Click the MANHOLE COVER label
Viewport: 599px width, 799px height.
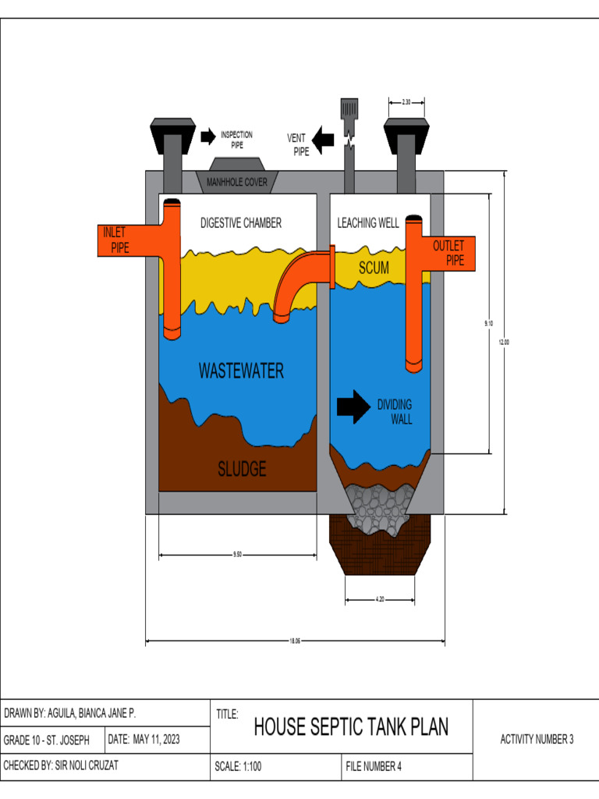pos(236,183)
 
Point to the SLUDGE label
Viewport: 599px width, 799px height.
pos(242,469)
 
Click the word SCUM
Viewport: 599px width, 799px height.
pos(374,268)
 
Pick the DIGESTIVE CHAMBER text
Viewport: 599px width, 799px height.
pos(240,223)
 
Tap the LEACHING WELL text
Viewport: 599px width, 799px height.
pos(368,223)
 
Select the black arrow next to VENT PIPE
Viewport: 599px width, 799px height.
pos(324,140)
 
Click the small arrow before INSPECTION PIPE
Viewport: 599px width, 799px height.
pos(207,137)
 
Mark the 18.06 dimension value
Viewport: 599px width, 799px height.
pos(295,642)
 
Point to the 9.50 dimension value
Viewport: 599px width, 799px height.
pos(237,556)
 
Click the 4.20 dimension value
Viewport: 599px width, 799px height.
pos(379,600)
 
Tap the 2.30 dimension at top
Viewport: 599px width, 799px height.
pos(406,102)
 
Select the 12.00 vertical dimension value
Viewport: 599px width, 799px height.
pos(504,341)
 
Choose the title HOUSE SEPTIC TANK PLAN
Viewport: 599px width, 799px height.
pos(351,727)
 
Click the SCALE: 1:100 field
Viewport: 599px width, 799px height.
pos(238,766)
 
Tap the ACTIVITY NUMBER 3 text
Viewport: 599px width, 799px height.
pos(537,740)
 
